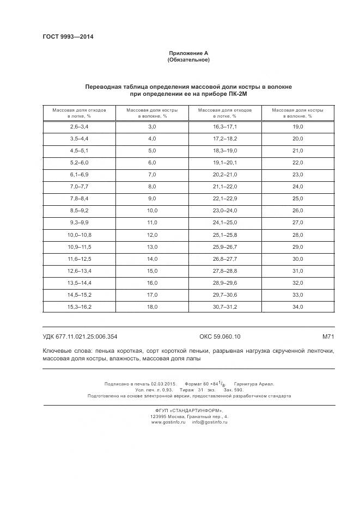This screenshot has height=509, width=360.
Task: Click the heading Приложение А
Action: coord(188,53)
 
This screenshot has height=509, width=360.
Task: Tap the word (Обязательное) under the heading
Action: coord(188,59)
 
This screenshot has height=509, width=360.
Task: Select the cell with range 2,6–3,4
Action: coord(79,126)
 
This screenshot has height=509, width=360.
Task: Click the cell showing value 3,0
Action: coord(152,126)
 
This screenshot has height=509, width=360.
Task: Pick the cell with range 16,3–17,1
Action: coord(224,126)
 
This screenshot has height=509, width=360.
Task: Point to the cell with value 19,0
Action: coord(297,126)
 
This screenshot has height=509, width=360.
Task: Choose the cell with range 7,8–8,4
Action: coord(79,198)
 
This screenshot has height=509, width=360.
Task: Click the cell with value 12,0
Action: coord(152,234)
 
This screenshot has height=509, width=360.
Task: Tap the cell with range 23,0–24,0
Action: coord(224,210)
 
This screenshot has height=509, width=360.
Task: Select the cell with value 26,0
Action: coord(297,210)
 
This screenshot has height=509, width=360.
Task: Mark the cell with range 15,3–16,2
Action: coord(79,306)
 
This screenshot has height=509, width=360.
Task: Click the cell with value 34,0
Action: coord(297,306)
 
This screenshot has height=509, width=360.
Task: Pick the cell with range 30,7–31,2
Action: coord(224,306)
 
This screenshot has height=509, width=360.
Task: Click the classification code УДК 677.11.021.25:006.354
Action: coord(80,336)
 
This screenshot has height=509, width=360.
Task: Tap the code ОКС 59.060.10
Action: coord(216,336)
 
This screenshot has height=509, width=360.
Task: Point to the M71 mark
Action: coord(327,336)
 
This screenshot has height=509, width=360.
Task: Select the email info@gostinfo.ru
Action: coord(209,422)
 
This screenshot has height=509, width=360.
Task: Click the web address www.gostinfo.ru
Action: coord(167,422)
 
